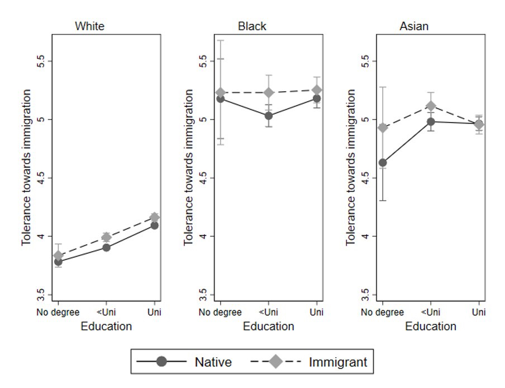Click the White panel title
89,26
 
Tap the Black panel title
252,26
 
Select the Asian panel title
414,26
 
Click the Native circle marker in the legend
162,362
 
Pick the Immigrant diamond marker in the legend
276,362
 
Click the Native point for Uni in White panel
154,225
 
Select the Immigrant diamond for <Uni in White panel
106,237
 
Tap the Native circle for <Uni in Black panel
269,116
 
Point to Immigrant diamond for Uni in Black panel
316,90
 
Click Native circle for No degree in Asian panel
383,163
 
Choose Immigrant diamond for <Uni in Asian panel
431,106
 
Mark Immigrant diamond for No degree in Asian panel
383,128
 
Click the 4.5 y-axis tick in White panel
40,178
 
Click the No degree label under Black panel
221,311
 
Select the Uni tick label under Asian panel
478,311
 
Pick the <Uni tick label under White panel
106,311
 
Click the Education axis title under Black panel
268,326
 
